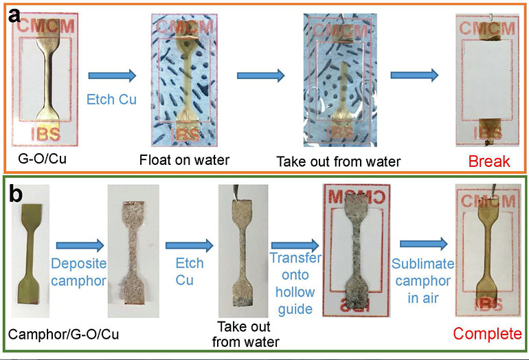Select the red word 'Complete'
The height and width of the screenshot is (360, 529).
coord(488,335)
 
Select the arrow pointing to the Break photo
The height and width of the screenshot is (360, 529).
coord(414,76)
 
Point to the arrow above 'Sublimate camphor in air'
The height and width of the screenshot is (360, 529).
coord(422,243)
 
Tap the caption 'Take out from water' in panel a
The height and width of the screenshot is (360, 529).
coord(337,163)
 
